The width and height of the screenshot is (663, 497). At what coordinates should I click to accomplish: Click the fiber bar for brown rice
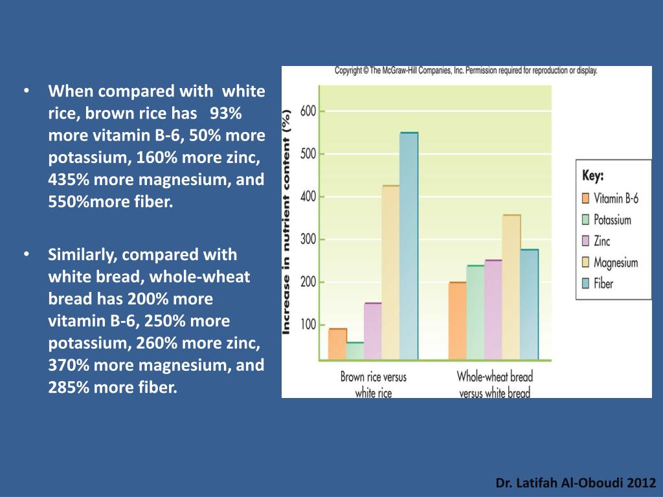click(409, 246)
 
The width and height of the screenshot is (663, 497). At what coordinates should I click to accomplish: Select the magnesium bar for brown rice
click(390, 272)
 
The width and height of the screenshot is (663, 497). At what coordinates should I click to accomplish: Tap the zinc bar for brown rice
click(372, 331)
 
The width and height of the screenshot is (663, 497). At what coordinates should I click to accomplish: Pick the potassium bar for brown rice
click(355, 350)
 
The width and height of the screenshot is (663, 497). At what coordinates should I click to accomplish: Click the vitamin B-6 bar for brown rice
click(337, 344)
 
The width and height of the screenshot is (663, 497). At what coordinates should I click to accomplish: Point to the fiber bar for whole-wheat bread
click(529, 304)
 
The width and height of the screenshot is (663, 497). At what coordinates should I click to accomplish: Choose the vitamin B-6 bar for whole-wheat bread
click(457, 320)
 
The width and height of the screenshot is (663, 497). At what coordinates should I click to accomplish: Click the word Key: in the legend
click(593, 176)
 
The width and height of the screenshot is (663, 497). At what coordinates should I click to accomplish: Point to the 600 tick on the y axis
click(308, 111)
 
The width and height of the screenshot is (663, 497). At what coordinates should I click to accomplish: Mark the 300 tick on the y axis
click(308, 239)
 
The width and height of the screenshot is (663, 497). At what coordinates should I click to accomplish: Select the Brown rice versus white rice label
click(374, 384)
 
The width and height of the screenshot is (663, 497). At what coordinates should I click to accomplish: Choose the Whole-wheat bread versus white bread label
click(494, 384)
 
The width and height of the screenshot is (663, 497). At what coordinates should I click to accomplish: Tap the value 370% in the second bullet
click(67, 365)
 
